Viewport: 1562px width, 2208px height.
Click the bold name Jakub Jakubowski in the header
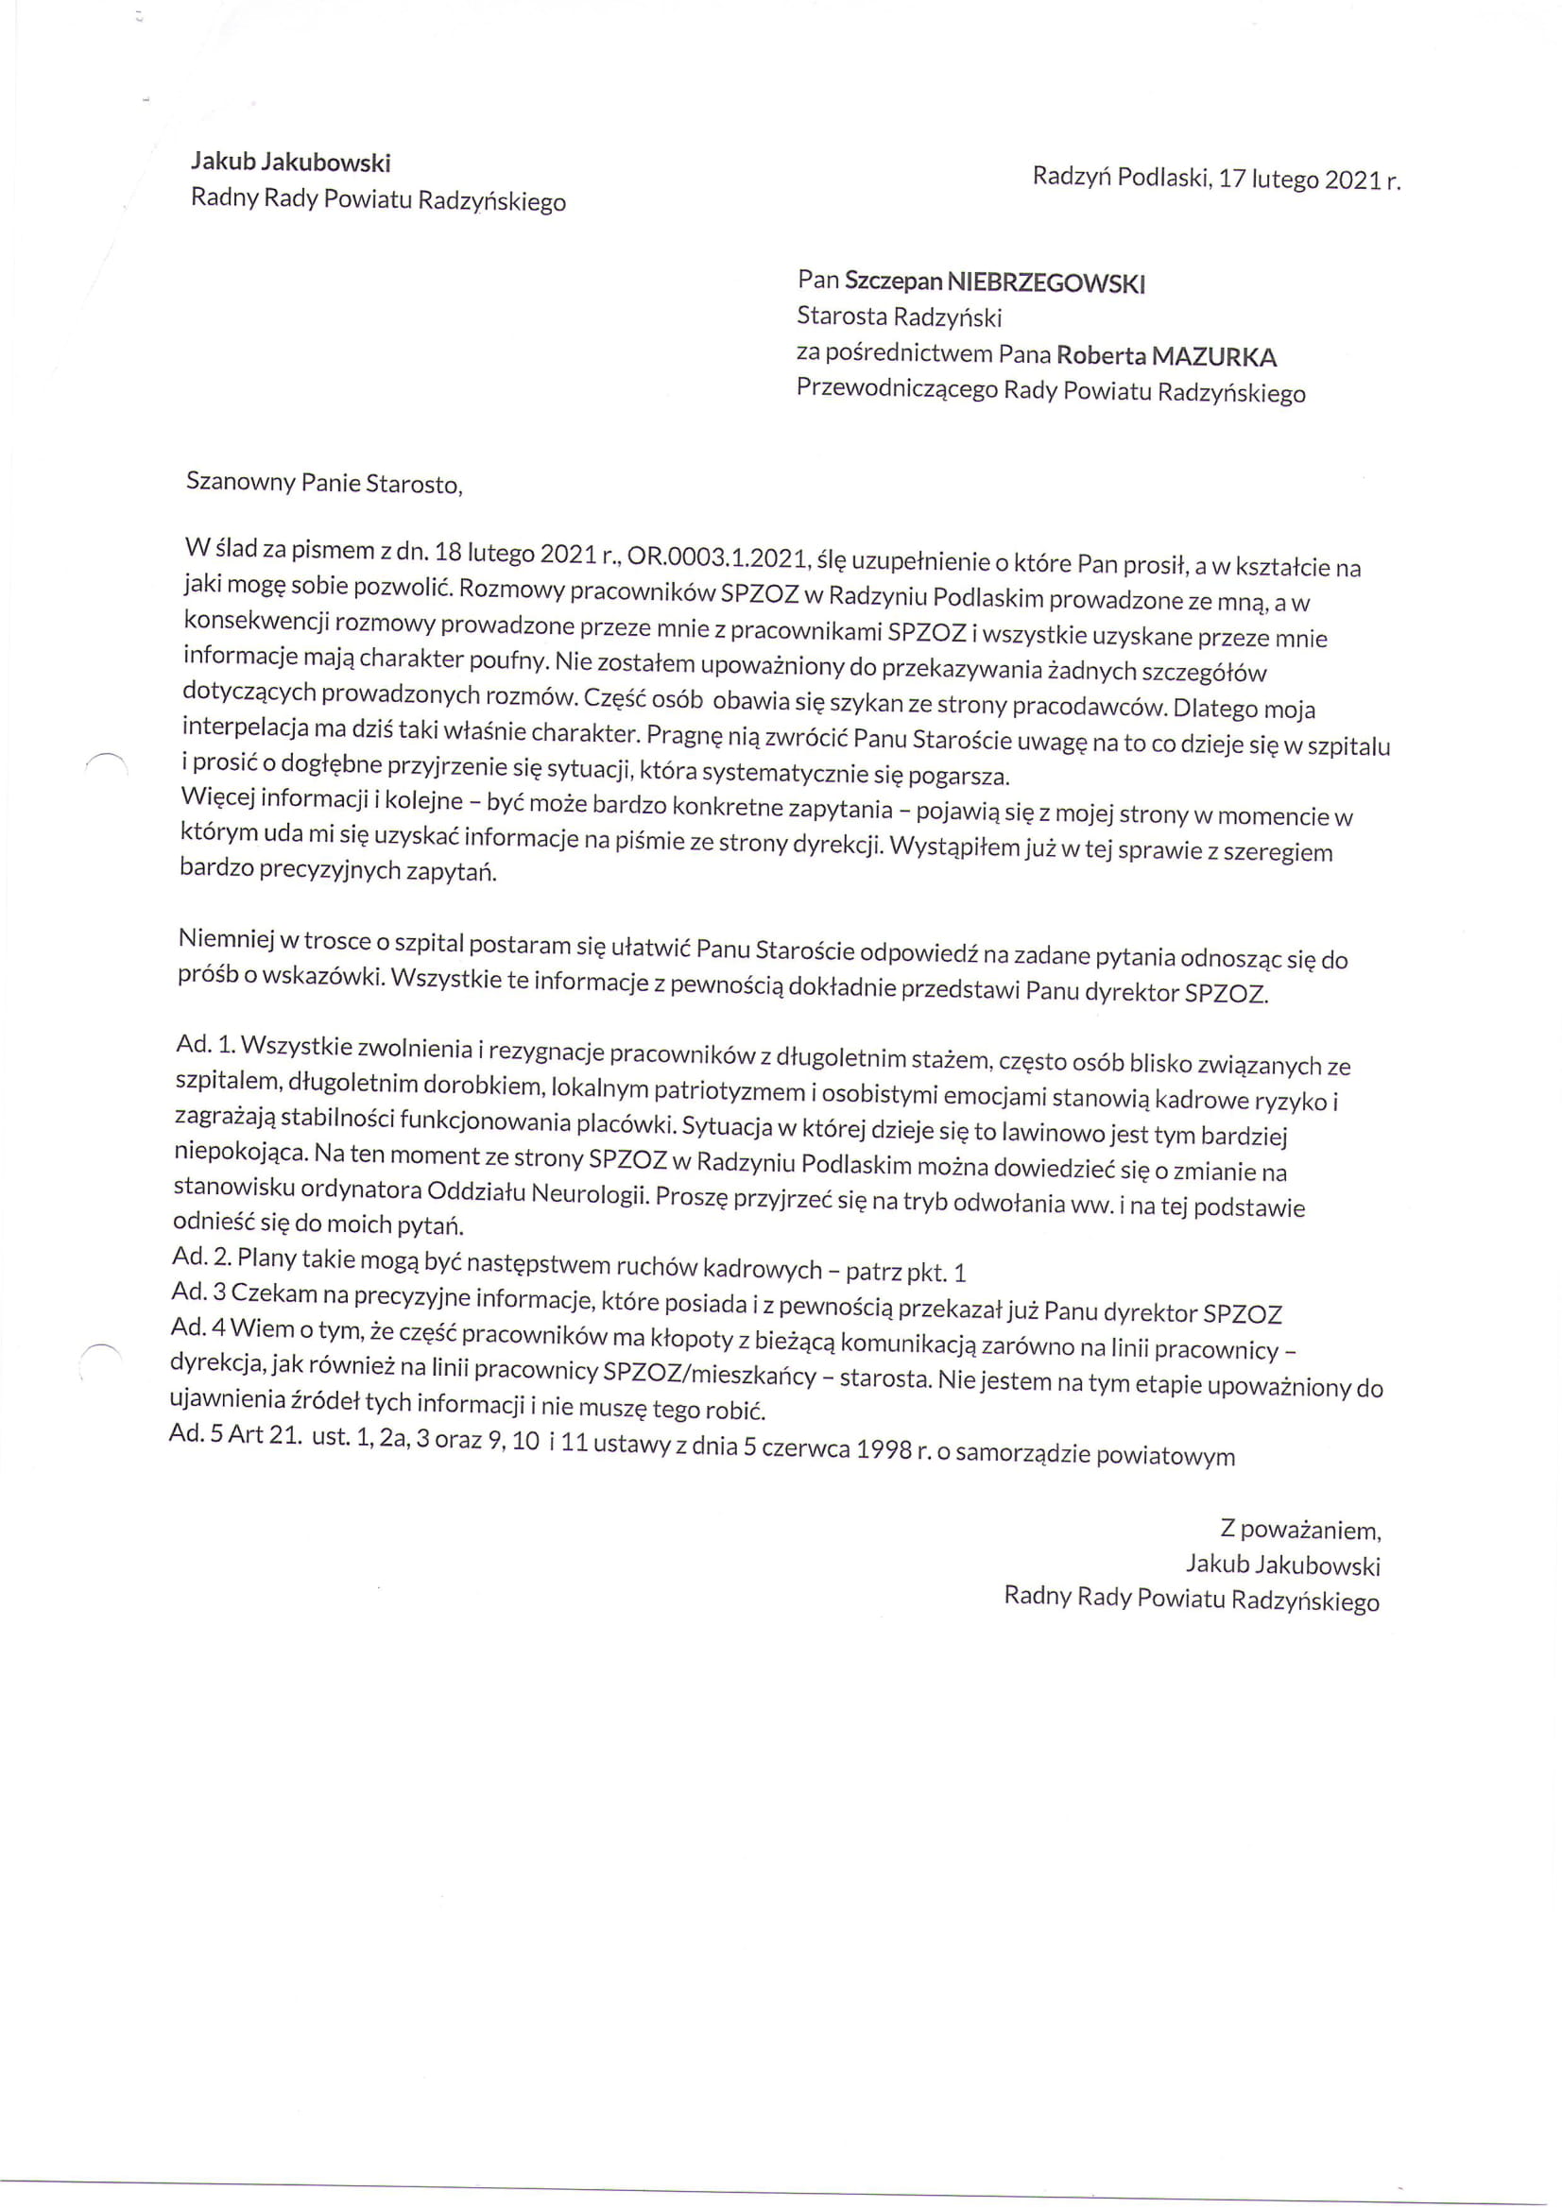tap(289, 163)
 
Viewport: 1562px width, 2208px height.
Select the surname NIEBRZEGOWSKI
tap(1045, 283)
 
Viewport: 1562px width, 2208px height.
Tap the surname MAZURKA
tap(1213, 358)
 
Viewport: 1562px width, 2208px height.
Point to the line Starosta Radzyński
tap(899, 317)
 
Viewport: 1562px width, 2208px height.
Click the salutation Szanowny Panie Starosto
tap(323, 483)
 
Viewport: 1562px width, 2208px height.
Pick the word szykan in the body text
tap(873, 703)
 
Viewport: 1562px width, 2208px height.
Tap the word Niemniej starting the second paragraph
tap(226, 938)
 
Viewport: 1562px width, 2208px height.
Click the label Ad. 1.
tap(205, 1044)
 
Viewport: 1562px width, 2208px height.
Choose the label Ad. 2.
tap(201, 1257)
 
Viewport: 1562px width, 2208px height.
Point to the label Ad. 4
tap(197, 1327)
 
